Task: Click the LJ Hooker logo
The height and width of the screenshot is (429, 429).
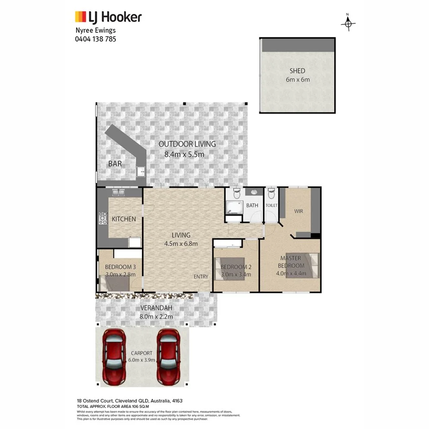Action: click(108, 18)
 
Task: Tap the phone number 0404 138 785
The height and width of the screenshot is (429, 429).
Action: click(95, 39)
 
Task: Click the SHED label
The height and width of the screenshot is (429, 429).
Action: click(297, 71)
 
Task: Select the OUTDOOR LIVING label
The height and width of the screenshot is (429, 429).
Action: click(187, 144)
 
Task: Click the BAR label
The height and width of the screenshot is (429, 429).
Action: click(115, 163)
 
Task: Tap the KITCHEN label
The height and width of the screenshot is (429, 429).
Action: click(124, 219)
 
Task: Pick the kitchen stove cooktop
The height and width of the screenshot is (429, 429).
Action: click(103, 218)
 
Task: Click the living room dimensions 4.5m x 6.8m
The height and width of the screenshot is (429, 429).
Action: click(181, 244)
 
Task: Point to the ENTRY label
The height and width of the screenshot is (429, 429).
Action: click(201, 277)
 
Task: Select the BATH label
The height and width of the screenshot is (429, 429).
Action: click(252, 205)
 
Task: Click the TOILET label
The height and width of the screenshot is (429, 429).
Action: click(271, 205)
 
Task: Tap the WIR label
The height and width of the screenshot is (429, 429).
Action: click(299, 211)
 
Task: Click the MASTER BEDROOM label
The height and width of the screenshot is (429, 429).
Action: click(291, 262)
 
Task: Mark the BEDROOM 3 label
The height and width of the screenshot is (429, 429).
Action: click(120, 267)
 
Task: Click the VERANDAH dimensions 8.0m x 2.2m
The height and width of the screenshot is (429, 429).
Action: click(155, 316)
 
